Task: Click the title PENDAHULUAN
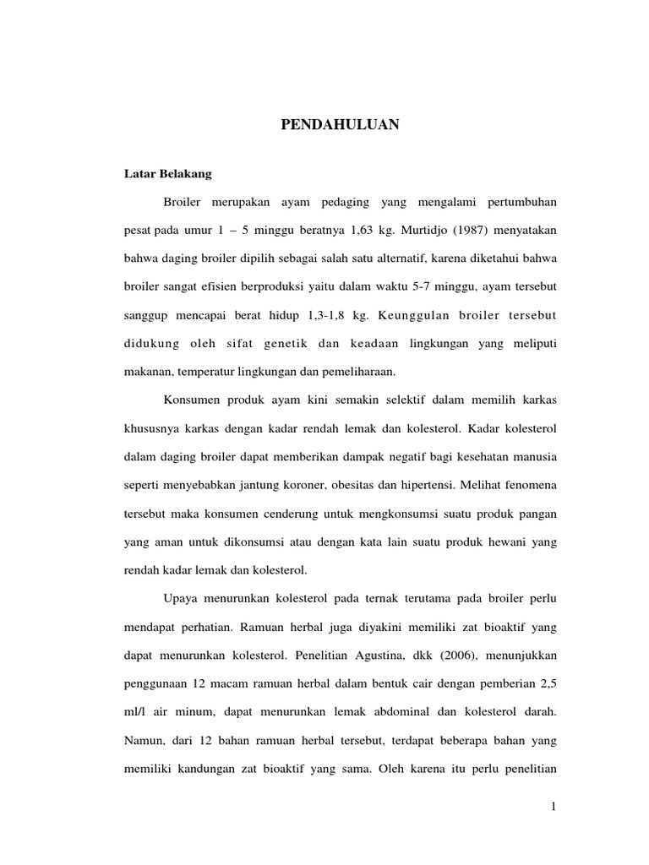point(339,126)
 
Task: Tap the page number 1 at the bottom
point(552,808)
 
